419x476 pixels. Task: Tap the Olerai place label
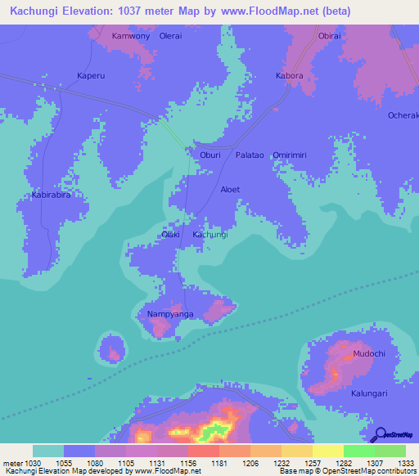tap(170, 37)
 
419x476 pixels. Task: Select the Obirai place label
tap(329, 37)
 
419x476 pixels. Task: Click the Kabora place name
tap(289, 75)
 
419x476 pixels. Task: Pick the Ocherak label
tap(403, 115)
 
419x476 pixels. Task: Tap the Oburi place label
tap(210, 155)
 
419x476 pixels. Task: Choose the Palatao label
tap(250, 155)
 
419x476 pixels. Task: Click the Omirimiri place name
tap(295, 155)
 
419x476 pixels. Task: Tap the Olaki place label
tap(170, 235)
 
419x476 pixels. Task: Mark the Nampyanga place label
tap(170, 314)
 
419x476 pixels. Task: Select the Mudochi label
tap(368, 353)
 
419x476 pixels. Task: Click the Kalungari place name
tap(369, 393)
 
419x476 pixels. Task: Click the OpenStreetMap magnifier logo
tap(379, 434)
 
